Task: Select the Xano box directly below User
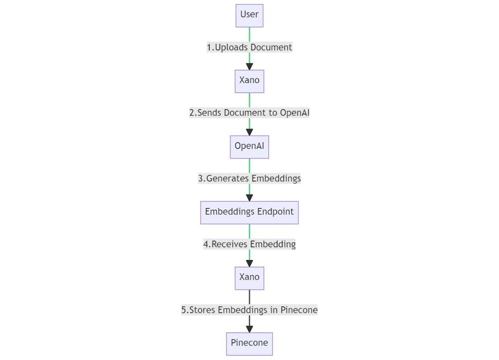(x=249, y=81)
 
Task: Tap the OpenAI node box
(x=249, y=147)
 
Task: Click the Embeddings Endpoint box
(x=249, y=212)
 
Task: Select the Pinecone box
(x=249, y=344)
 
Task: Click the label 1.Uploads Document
(x=249, y=47)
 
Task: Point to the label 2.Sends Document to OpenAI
(x=249, y=113)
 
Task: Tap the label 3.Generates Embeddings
(x=249, y=179)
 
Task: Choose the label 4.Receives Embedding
(x=249, y=244)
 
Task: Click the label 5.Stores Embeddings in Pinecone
(x=249, y=310)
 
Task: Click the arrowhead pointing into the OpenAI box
(x=249, y=132)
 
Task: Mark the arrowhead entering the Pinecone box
(x=249, y=329)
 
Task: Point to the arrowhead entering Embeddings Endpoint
(x=249, y=198)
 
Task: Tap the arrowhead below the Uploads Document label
(x=249, y=66)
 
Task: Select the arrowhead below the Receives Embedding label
(x=249, y=263)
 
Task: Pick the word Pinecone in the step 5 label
(x=299, y=310)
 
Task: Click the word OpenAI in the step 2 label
(x=294, y=113)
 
